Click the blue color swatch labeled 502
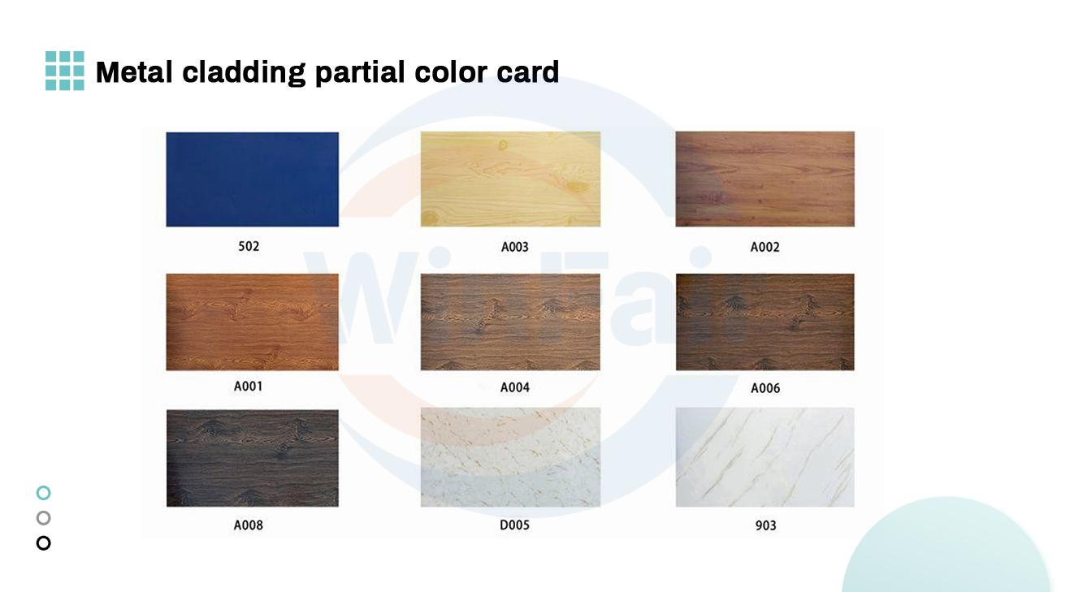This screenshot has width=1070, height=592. [x=252, y=179]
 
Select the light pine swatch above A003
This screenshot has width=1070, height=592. [x=510, y=179]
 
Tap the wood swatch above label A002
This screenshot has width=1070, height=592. [x=765, y=179]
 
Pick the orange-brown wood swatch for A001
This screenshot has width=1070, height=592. [x=252, y=322]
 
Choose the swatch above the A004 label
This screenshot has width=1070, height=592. [x=510, y=322]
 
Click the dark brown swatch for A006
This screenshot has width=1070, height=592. [x=765, y=322]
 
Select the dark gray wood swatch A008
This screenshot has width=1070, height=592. [x=252, y=458]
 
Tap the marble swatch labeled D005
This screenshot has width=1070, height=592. [x=510, y=457]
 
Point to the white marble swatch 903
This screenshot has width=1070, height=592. [x=765, y=457]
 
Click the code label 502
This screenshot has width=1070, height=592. [x=249, y=246]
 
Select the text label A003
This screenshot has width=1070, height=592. [x=514, y=247]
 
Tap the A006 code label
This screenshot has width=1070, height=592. [x=765, y=388]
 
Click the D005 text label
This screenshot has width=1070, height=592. [x=514, y=525]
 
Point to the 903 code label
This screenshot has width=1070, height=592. [x=765, y=525]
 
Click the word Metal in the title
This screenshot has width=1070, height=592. [x=134, y=72]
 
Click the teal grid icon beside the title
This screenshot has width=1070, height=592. [x=64, y=71]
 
